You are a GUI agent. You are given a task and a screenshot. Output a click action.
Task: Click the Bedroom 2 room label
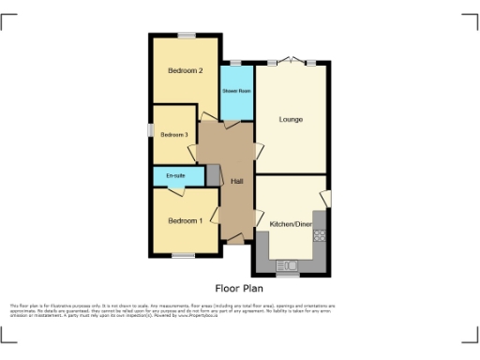pyautogui.click(x=186, y=70)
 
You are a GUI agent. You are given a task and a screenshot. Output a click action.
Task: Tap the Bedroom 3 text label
pyautogui.click(x=173, y=135)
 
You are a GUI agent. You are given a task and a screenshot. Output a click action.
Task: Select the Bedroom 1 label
pyautogui.click(x=185, y=220)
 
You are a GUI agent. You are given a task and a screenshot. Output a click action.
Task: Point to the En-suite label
pyautogui.click(x=175, y=176)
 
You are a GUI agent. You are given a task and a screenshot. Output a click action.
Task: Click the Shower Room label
pyautogui.click(x=236, y=91)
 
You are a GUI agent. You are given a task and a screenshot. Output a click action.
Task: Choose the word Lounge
pyautogui.click(x=291, y=119)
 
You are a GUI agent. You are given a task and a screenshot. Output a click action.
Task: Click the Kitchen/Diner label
pyautogui.click(x=290, y=224)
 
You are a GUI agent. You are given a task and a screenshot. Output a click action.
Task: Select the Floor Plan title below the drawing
pyautogui.click(x=239, y=289)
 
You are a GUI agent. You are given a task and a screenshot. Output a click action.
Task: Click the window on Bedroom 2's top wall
pyautogui.click(x=187, y=36)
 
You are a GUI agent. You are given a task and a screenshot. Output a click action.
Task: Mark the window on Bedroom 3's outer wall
pyautogui.click(x=150, y=132)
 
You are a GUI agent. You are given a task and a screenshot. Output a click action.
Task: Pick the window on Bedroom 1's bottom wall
pyautogui.click(x=183, y=256)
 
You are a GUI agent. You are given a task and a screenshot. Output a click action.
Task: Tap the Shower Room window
pyautogui.click(x=235, y=62)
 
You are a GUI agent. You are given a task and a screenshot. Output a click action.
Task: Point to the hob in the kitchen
pyautogui.click(x=319, y=234)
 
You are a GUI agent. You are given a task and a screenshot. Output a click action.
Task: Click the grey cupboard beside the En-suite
pyautogui.click(x=213, y=175)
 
